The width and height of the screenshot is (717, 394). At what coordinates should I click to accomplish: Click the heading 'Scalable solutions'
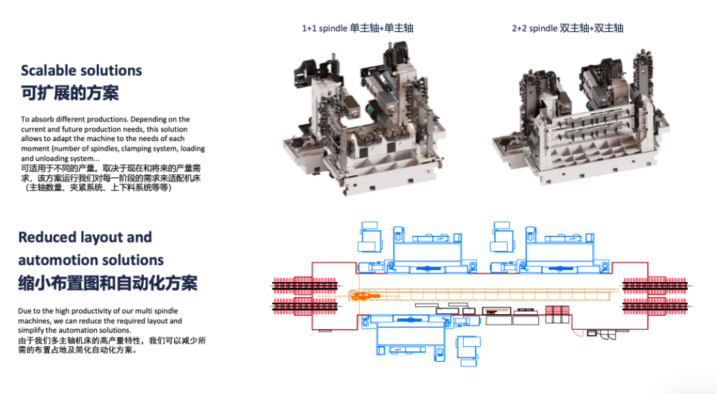pyautogui.click(x=81, y=70)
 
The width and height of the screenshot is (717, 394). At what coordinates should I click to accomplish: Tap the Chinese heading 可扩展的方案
pyautogui.click(x=70, y=93)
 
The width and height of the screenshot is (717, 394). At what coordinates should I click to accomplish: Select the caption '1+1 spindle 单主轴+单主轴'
pyautogui.click(x=358, y=29)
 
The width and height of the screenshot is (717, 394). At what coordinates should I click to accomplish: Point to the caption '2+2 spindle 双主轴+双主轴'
pyautogui.click(x=568, y=29)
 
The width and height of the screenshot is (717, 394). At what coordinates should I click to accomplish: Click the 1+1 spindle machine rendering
pyautogui.click(x=363, y=118)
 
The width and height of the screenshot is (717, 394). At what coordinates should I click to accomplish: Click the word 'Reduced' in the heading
pyautogui.click(x=47, y=237)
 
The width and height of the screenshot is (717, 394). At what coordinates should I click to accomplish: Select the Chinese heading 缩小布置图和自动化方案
pyautogui.click(x=108, y=283)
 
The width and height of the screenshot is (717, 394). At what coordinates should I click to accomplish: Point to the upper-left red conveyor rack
pyautogui.click(x=305, y=286)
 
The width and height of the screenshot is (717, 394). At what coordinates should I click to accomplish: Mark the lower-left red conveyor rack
pyautogui.click(x=305, y=306)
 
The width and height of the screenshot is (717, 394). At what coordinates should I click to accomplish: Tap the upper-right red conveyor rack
pyautogui.click(x=655, y=286)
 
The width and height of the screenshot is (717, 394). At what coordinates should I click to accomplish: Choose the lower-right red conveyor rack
pyautogui.click(x=655, y=306)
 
